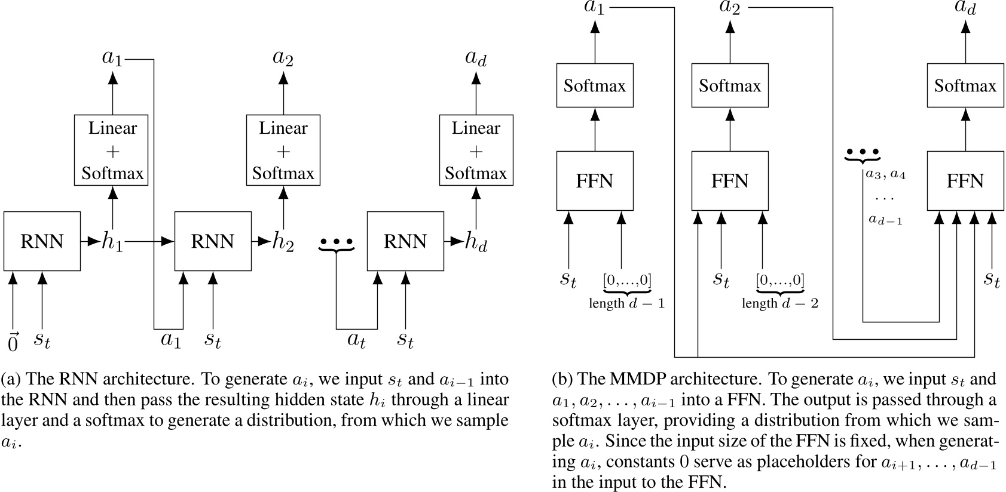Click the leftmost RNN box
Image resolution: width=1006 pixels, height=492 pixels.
(x=42, y=241)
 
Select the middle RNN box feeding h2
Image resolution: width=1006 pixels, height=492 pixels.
(x=212, y=241)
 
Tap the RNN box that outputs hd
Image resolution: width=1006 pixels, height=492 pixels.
(x=405, y=241)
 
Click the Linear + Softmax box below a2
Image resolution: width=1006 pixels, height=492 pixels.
(x=283, y=150)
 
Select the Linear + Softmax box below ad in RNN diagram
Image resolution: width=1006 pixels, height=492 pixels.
(x=476, y=150)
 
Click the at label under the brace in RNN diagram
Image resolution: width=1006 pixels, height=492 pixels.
(x=357, y=340)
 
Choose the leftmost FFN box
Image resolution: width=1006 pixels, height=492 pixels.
(x=594, y=181)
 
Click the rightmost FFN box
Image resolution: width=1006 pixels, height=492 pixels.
(x=965, y=181)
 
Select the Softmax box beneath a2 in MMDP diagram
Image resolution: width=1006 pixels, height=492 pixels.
(x=729, y=86)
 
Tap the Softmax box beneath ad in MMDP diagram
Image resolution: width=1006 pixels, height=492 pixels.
(x=965, y=86)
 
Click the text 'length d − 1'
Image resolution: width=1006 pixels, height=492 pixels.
(x=626, y=303)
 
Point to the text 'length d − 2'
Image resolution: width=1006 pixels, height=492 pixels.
(x=779, y=303)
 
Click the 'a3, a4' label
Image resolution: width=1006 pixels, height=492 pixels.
(x=885, y=175)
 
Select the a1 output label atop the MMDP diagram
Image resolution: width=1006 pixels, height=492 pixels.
(x=594, y=8)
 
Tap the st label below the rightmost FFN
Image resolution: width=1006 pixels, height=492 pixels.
(x=992, y=279)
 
